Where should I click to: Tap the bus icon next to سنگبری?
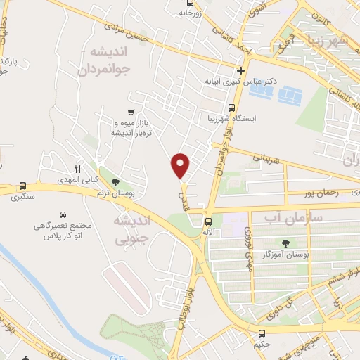[23, 186]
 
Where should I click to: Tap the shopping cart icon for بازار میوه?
[131, 112]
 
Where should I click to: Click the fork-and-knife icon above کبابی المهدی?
[78, 169]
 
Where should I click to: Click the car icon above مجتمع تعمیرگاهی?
[63, 214]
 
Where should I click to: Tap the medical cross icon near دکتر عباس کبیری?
[240, 70]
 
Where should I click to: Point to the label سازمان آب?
[292, 219]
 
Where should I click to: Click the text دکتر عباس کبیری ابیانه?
[240, 82]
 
